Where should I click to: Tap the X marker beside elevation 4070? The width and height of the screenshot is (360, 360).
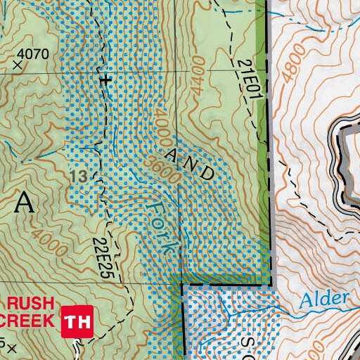tap(18, 65)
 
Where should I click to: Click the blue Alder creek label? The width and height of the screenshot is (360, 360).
tap(323, 300)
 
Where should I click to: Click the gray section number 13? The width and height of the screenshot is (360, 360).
tap(79, 176)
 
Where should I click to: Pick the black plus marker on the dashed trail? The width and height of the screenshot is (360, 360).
tap(105, 80)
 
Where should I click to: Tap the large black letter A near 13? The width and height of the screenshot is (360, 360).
tap(24, 202)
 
